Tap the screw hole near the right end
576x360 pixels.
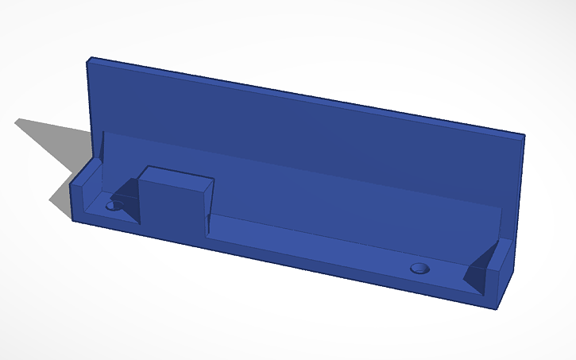click(x=419, y=267)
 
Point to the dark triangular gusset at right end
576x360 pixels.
click(x=478, y=269)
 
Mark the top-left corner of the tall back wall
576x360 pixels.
click(x=91, y=58)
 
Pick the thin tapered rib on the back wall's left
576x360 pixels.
click(x=102, y=146)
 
